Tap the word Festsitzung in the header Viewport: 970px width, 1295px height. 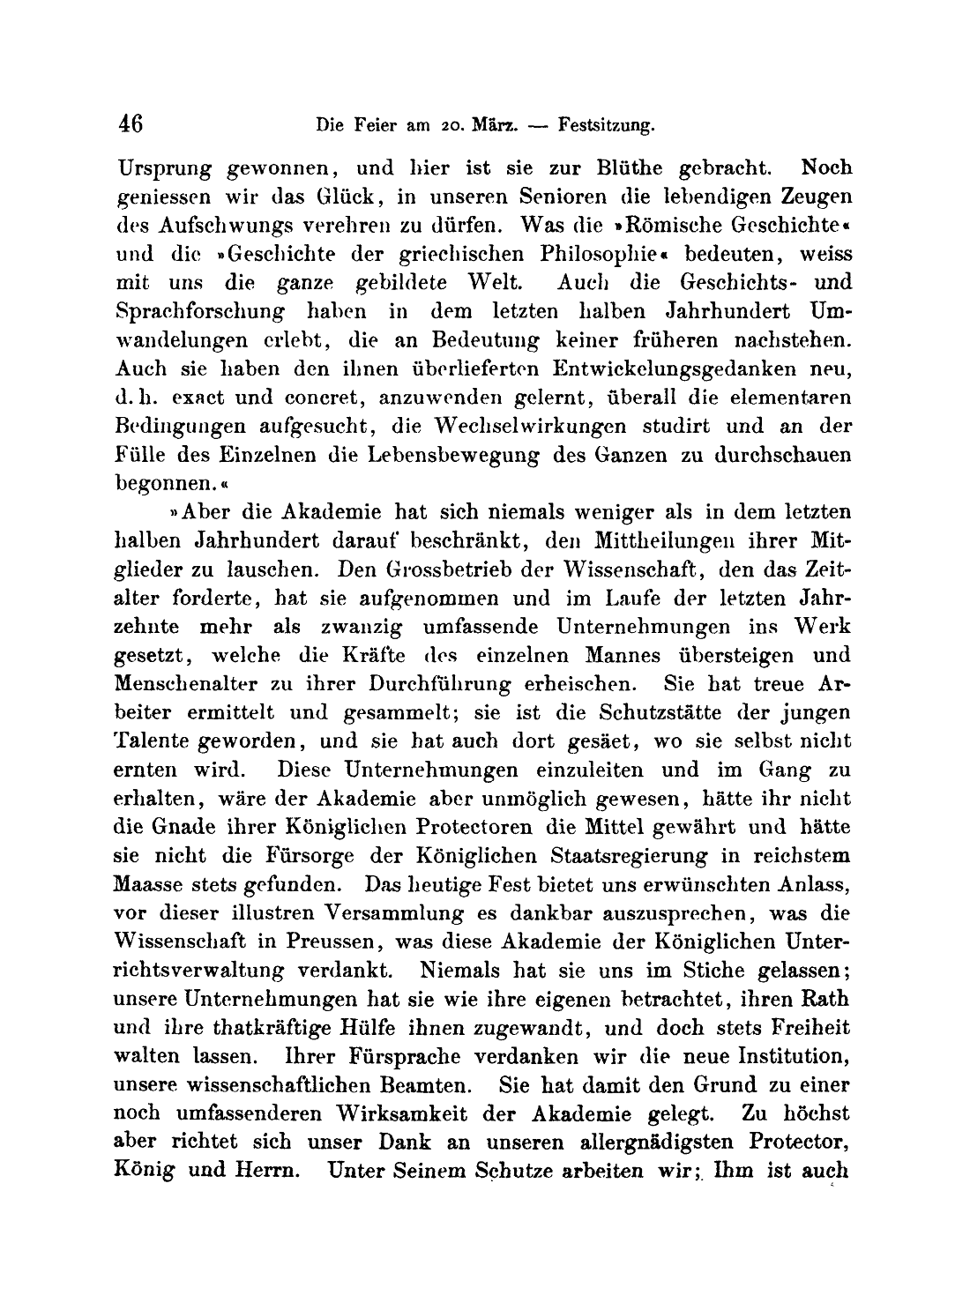point(604,126)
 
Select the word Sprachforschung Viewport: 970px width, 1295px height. point(200,311)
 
